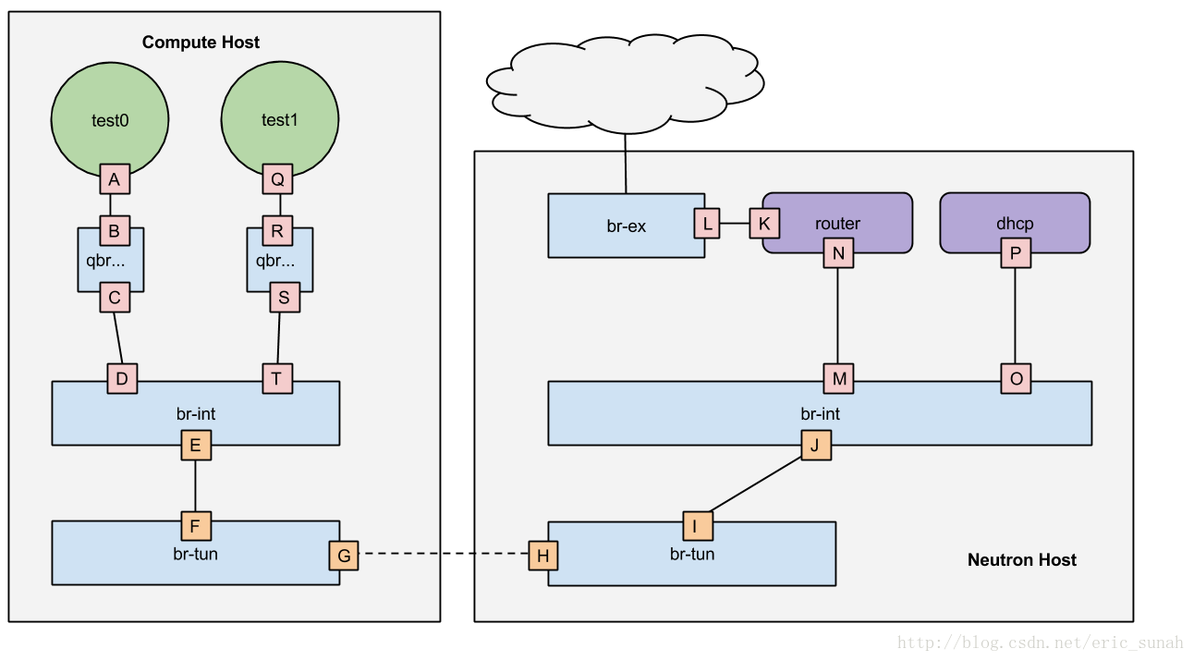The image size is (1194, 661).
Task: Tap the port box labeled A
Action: click(115, 179)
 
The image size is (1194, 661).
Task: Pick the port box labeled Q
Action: click(277, 179)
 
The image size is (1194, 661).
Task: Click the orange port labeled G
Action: click(344, 555)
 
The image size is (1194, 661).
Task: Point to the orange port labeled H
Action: click(543, 555)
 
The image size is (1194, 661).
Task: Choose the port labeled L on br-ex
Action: click(708, 223)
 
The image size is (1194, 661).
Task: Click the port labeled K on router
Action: click(764, 223)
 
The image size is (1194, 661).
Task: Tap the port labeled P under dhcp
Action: click(1016, 252)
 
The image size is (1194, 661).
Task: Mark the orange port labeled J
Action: click(815, 445)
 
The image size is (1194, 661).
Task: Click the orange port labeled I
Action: click(698, 525)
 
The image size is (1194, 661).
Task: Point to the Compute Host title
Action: click(201, 43)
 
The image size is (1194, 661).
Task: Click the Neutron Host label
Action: click(1021, 559)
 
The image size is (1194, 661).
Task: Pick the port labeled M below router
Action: click(838, 378)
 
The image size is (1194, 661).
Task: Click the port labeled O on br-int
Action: click(1016, 378)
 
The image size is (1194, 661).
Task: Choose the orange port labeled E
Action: click(195, 446)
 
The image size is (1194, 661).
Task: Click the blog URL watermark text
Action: click(1040, 643)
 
